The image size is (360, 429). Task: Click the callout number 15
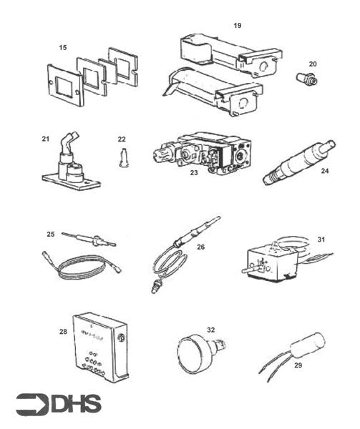point(62,47)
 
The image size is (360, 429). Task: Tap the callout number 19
point(237,25)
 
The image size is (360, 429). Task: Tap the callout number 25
point(50,234)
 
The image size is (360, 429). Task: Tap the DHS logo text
point(76,405)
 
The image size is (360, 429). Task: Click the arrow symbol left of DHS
point(31,405)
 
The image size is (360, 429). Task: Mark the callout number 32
point(210,330)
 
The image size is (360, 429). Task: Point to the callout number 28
point(63,332)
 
